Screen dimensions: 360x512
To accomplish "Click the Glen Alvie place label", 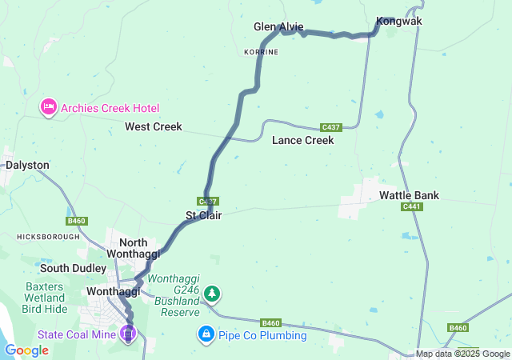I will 278,27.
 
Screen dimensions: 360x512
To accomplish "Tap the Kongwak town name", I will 398,22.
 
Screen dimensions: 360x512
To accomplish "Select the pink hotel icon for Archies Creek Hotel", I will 48,107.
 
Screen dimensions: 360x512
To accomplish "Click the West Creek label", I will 153,126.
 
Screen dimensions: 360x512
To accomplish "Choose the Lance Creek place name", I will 302,140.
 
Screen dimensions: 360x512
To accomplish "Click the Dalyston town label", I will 27,165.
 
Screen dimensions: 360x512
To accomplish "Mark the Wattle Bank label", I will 409,195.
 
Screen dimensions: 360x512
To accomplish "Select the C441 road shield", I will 412,207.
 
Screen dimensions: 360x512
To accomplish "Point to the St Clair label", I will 203,215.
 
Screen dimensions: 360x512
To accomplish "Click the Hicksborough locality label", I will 48,237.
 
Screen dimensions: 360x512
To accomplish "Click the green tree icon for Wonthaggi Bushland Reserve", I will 211,294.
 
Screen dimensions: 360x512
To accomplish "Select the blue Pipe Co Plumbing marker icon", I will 206,332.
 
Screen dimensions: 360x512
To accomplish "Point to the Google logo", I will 26,350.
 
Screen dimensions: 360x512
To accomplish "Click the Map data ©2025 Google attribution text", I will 462,354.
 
